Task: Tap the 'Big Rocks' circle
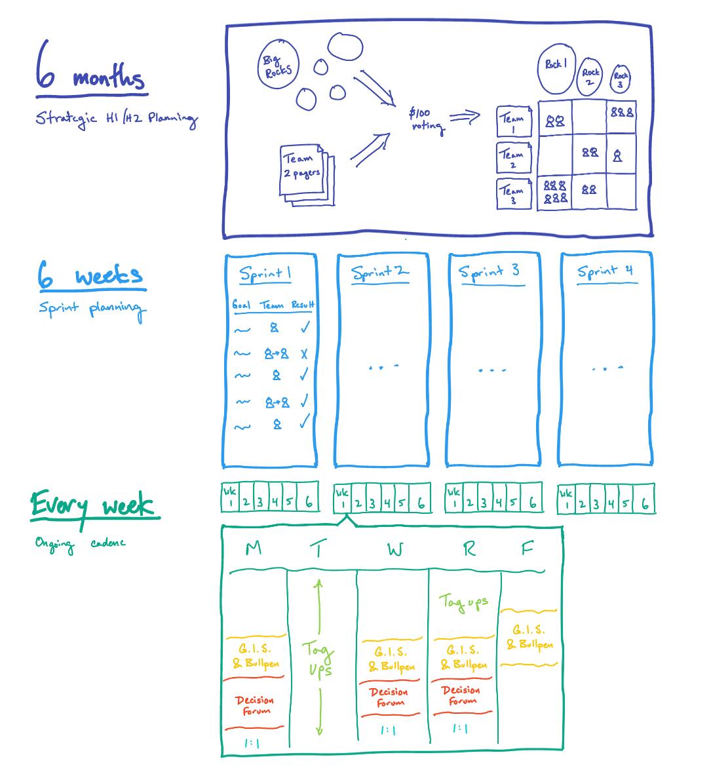[277, 66]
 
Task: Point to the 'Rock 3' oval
[620, 79]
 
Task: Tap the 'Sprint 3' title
[489, 271]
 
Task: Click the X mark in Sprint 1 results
[304, 354]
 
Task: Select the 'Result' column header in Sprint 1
[303, 305]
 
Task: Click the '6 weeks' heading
[90, 275]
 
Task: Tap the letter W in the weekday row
[395, 550]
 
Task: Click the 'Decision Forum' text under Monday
[254, 705]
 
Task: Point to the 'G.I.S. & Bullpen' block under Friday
[529, 638]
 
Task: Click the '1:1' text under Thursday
[461, 729]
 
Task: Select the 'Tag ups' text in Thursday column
[464, 602]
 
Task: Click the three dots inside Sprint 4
[606, 369]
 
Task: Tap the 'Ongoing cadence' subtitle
[80, 543]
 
